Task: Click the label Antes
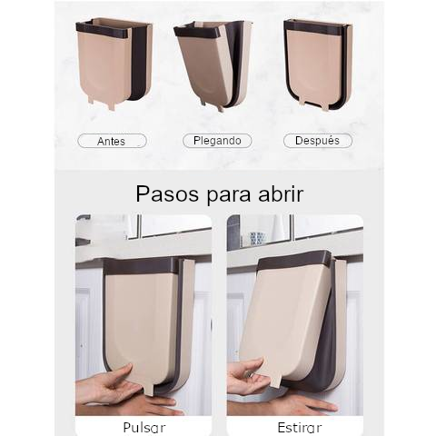112,141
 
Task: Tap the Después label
317,141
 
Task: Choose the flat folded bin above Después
317,64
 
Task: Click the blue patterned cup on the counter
257,238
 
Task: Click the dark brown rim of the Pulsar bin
136,266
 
